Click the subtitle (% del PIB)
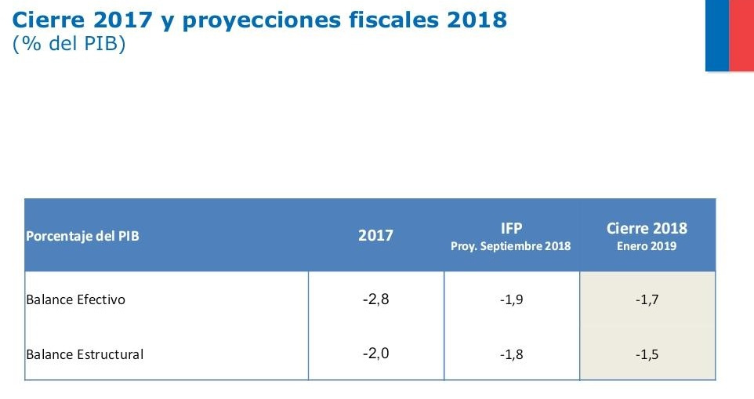point(70,45)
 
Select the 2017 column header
point(375,235)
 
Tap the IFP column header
point(511,228)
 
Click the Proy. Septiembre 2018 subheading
point(511,245)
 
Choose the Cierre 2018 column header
point(647,228)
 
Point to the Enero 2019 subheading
point(647,245)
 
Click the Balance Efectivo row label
point(75,299)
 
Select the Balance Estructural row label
point(85,354)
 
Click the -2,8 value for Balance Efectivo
point(375,299)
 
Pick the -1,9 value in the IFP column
point(511,299)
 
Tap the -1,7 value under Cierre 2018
point(647,299)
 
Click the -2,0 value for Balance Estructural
point(375,353)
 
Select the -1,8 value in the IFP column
point(511,354)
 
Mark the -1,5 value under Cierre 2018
point(647,354)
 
